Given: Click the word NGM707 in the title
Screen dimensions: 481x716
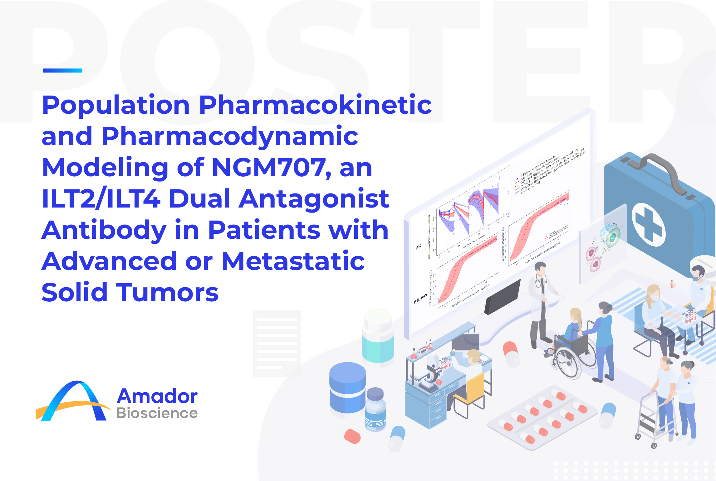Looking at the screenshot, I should (x=269, y=168).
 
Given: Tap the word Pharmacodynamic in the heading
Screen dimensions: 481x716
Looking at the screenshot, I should (x=230, y=136).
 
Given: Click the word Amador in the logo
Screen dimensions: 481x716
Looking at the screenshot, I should (x=157, y=396).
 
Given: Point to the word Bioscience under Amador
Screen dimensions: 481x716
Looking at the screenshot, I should (x=157, y=413).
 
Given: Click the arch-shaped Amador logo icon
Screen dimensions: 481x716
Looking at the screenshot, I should (x=73, y=402).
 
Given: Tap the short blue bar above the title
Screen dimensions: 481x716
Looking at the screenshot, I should (x=62, y=71).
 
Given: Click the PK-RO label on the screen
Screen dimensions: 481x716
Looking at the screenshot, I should (x=420, y=299).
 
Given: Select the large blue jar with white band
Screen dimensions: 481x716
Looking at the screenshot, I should (x=347, y=388).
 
